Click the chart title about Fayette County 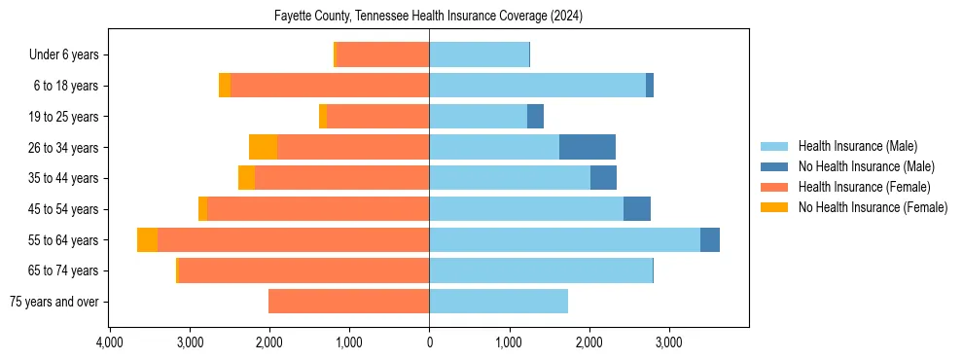point(429,16)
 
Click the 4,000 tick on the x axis point(110,342)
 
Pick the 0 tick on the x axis point(429,342)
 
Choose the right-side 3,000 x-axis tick point(668,342)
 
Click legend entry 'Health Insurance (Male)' point(857,146)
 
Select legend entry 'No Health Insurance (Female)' point(873,207)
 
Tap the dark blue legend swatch point(775,166)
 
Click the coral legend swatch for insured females point(775,187)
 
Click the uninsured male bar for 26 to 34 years point(588,147)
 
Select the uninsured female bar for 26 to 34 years point(263,147)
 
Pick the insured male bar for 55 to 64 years point(564,239)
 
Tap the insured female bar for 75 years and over point(348,302)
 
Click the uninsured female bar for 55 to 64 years point(147,239)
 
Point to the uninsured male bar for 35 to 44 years point(603,178)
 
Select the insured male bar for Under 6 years point(479,54)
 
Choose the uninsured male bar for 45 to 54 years point(637,209)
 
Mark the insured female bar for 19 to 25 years point(377,117)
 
